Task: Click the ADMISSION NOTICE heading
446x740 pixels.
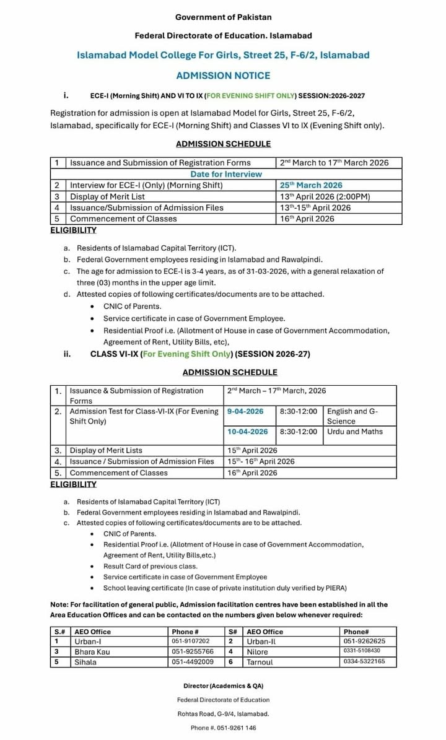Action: [223, 76]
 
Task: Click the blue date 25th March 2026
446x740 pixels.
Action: [311, 185]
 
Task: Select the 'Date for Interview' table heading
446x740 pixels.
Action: [226, 174]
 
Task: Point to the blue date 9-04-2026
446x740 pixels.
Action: [245, 411]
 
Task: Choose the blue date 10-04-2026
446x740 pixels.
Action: [248, 432]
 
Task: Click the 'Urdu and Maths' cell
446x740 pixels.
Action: [355, 432]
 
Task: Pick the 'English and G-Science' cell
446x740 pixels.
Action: [352, 416]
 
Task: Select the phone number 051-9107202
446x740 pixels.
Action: [191, 642]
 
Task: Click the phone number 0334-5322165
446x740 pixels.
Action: [364, 661]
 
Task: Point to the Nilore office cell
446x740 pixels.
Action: [258, 651]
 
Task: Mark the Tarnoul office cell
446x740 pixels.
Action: [260, 662]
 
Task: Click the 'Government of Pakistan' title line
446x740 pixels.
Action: [223, 17]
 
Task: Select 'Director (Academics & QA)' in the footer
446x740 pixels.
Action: [223, 686]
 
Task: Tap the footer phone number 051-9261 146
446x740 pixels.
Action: [223, 728]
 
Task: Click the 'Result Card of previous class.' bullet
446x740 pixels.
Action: [151, 566]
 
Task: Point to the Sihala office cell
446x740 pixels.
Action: [85, 662]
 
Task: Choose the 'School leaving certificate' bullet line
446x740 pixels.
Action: [225, 588]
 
